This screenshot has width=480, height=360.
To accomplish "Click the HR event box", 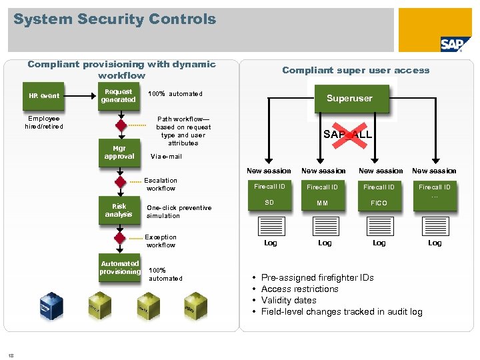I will tap(44, 96).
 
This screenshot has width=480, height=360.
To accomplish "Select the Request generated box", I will tap(118, 96).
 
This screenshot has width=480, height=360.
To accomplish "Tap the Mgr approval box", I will tap(119, 153).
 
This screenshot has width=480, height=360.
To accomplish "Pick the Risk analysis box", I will tap(119, 211).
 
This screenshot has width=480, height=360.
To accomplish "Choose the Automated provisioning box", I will tap(120, 268).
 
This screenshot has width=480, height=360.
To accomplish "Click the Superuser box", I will tap(349, 99).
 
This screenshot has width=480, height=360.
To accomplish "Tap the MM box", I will tap(323, 203).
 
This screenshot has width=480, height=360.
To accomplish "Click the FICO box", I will tap(379, 203).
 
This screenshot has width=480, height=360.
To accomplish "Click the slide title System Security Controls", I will tap(115, 19).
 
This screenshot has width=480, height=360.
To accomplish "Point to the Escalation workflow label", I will tap(161, 185).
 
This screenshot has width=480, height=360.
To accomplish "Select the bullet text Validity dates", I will tap(289, 301).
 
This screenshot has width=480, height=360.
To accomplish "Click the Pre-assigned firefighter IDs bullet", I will tap(317, 278).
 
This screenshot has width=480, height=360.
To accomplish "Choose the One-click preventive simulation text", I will tap(179, 211).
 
